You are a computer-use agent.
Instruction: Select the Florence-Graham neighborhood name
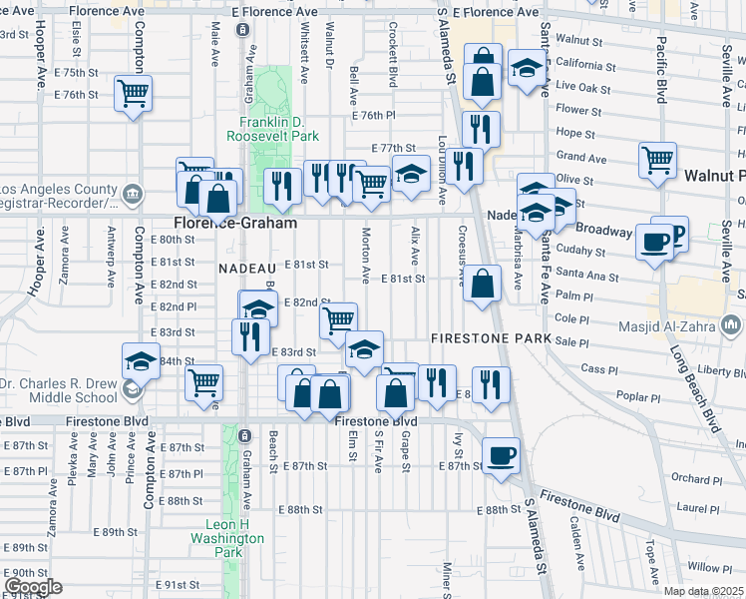click(x=235, y=225)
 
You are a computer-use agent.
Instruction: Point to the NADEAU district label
click(x=246, y=268)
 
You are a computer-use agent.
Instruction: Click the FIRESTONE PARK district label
click(x=492, y=339)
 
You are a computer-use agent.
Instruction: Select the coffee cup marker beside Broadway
click(x=655, y=243)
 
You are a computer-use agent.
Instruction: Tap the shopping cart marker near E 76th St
click(x=133, y=94)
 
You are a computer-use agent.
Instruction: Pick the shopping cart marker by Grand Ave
click(x=658, y=160)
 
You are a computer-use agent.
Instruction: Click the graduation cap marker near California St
click(x=525, y=70)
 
